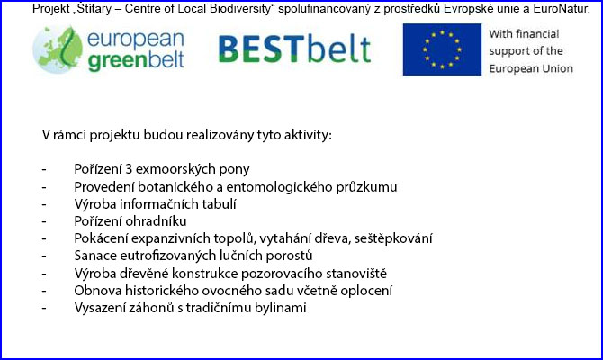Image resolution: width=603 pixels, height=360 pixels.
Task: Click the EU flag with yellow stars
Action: pos(442,49)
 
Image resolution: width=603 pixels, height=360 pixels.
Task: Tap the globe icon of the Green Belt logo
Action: pos(58,49)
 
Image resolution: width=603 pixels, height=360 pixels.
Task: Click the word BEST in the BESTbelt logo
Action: pos(262,49)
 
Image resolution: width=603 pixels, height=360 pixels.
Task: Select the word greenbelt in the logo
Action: pos(136,61)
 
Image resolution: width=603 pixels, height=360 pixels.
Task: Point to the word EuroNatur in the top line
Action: pos(561,8)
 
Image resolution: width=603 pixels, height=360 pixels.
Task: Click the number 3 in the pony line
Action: pos(129,169)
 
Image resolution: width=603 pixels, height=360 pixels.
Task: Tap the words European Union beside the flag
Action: pos(531,68)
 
